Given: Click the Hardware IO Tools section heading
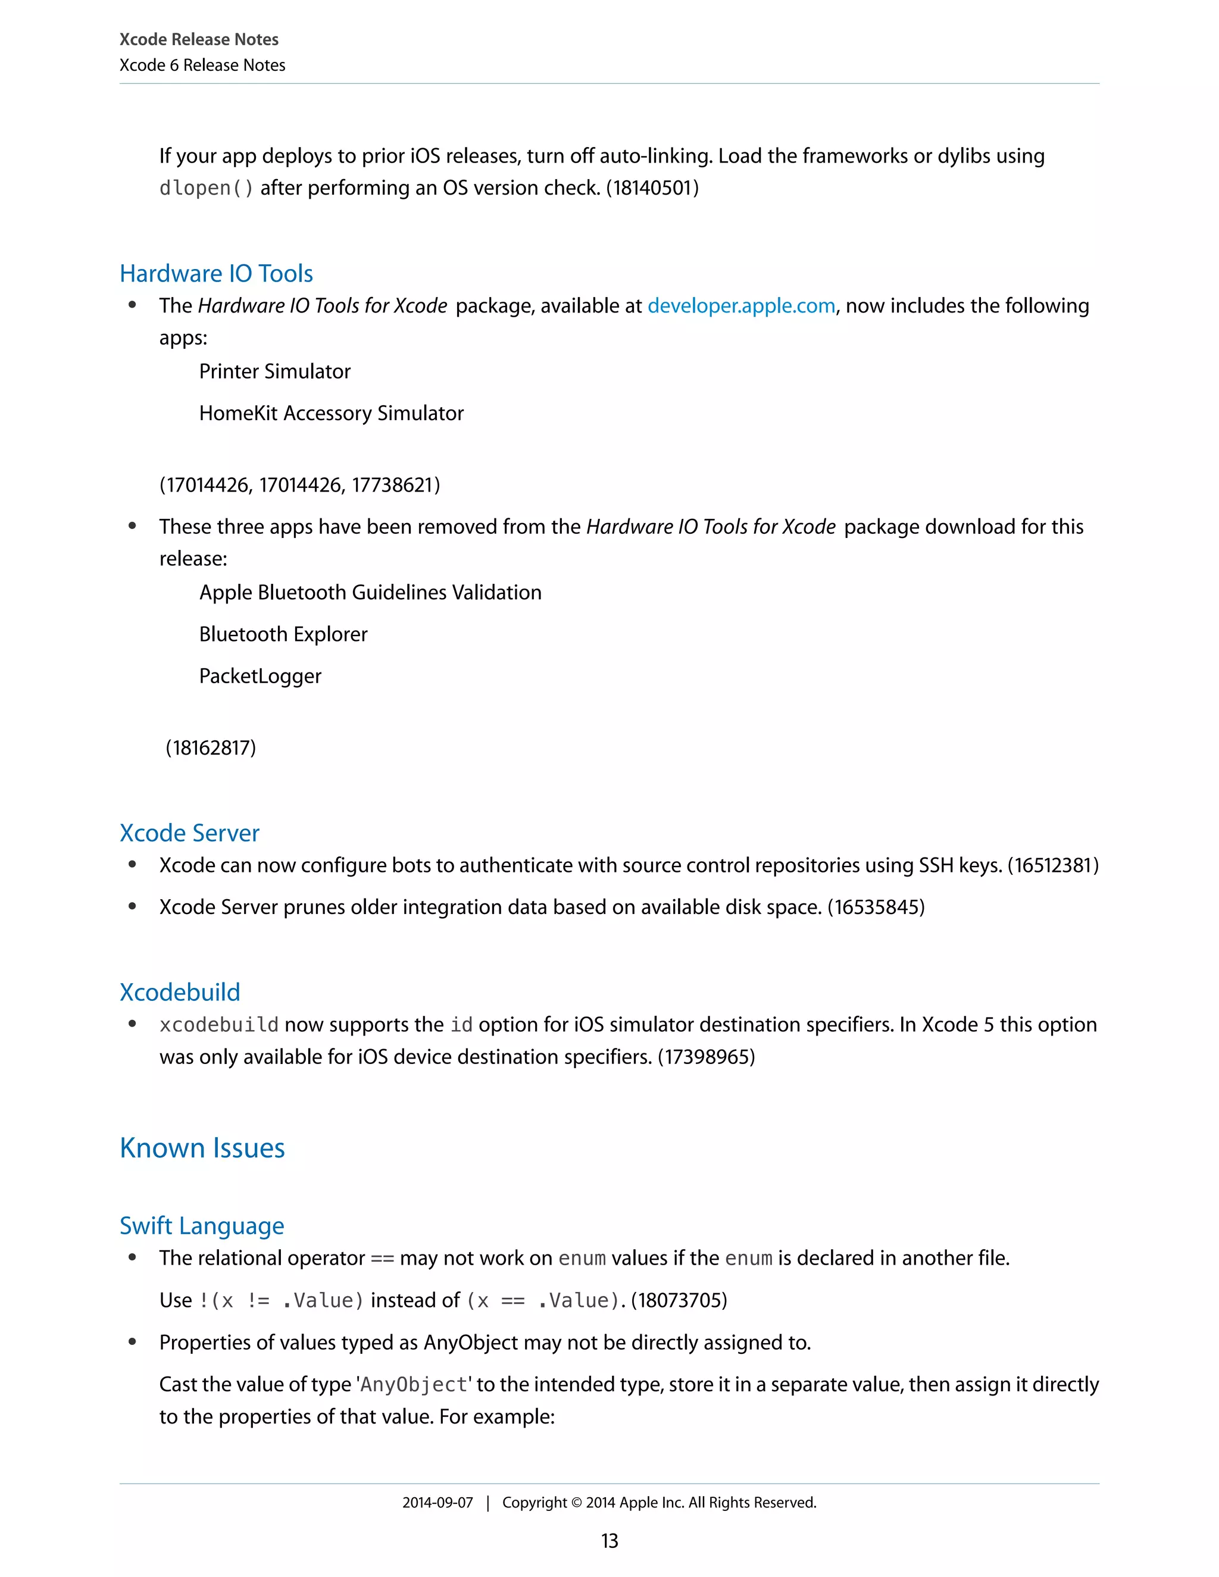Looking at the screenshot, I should click(216, 274).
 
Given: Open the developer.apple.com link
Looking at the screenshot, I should click(741, 306).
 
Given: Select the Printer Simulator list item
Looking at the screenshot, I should click(274, 371).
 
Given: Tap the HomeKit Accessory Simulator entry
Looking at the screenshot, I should click(331, 413).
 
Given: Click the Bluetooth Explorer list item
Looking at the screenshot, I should click(283, 634).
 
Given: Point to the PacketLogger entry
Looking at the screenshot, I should click(260, 676).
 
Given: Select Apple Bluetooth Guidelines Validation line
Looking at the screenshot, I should click(370, 592).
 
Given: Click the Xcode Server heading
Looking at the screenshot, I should click(189, 833).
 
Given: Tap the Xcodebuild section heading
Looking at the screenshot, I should click(180, 992).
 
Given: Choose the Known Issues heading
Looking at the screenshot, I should click(202, 1148).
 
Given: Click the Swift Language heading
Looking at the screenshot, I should click(202, 1226).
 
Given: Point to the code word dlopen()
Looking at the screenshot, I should click(207, 189).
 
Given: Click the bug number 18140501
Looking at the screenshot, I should click(652, 189).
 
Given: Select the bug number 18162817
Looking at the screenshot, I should click(211, 747).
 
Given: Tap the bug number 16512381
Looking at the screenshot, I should click(1053, 865).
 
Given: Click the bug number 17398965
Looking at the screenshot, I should click(707, 1057).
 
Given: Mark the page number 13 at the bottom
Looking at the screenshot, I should click(609, 1541).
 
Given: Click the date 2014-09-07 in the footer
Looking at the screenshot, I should click(437, 1503).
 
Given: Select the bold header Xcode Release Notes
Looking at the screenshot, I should click(199, 40).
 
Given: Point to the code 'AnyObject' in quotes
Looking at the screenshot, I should click(414, 1385).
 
